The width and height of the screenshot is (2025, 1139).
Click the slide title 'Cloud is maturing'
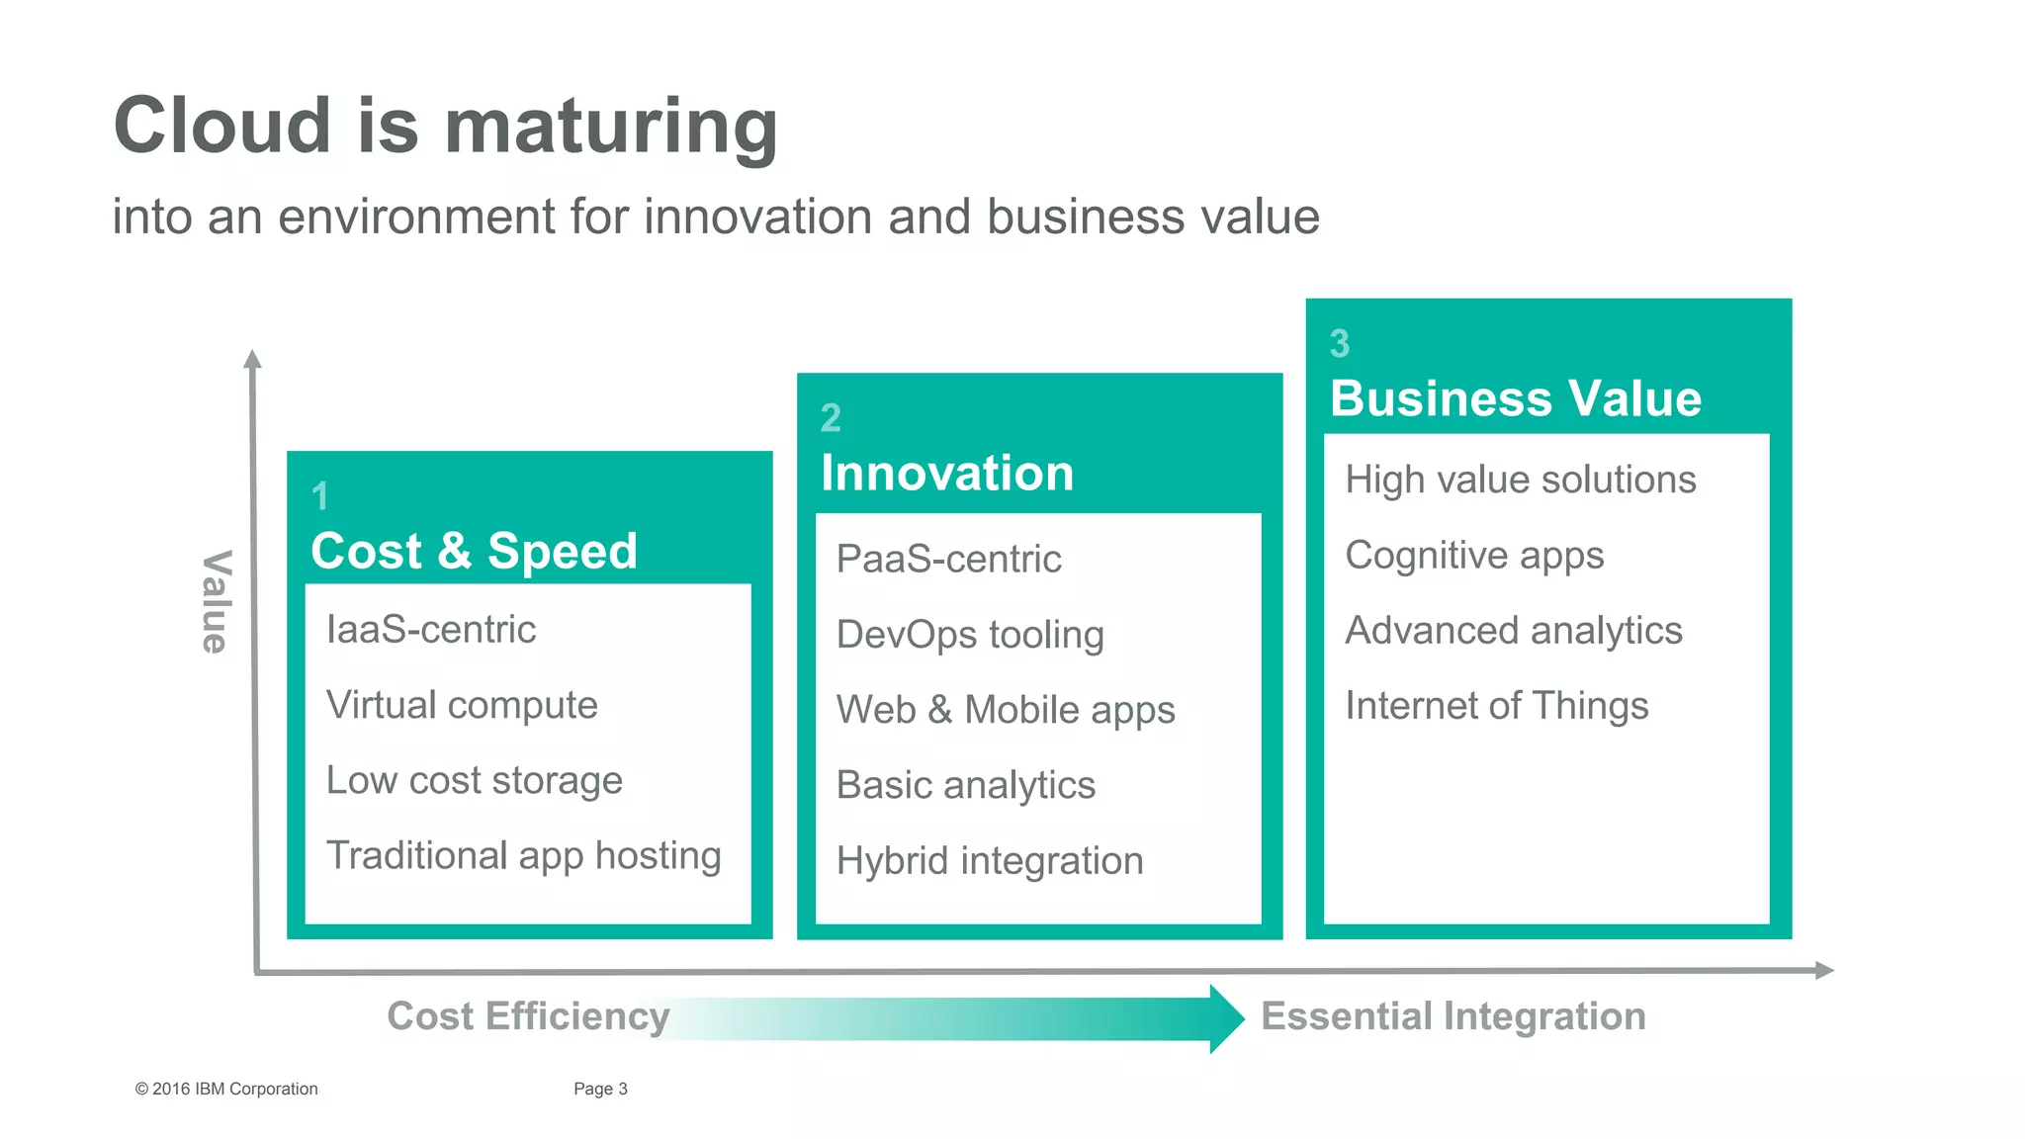pos(445,126)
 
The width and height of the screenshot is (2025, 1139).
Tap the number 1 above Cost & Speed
pos(319,496)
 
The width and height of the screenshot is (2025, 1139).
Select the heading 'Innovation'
pos(946,473)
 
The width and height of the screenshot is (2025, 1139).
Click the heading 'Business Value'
pos(1515,398)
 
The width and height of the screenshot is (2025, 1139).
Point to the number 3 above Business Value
pos(1339,344)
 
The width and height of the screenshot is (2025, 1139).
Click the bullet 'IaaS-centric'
pos(431,630)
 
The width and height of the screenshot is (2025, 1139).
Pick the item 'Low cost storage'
pos(475,780)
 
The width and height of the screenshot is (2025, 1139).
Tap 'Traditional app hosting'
pos(524,855)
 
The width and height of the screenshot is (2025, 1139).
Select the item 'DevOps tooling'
pos(970,635)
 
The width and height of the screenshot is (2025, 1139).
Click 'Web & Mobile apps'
pos(1006,710)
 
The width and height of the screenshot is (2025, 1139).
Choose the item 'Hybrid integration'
pos(990,860)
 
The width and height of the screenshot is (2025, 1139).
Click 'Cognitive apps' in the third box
pos(1474,556)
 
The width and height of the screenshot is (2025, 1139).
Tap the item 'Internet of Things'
pos(1496,706)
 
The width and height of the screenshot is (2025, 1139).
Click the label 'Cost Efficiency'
pos(528,1016)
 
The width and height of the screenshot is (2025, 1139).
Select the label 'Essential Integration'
pos(1453,1016)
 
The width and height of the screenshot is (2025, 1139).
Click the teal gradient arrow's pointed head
pos(1226,1018)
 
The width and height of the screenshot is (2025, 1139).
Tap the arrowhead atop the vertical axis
pos(253,359)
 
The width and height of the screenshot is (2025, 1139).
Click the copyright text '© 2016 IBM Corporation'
pos(226,1089)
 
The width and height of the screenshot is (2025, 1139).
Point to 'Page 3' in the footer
pos(600,1089)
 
